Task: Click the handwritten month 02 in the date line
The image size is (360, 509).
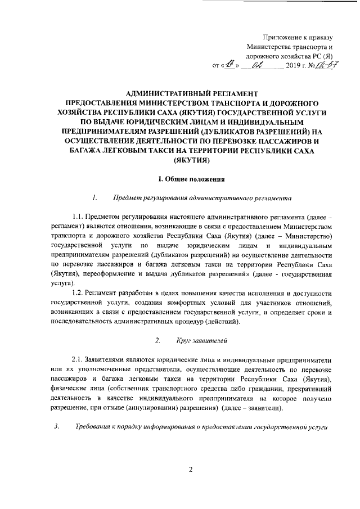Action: (262, 66)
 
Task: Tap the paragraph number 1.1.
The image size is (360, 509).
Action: (79, 217)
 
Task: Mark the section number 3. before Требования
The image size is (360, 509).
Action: (56, 426)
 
